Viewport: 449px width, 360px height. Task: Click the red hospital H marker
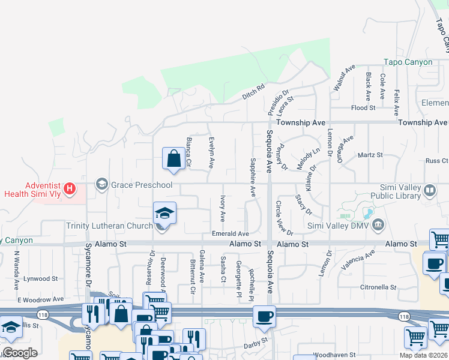[x=70, y=190]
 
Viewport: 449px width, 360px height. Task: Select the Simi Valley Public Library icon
[x=430, y=191]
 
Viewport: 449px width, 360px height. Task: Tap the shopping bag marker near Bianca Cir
[x=173, y=159]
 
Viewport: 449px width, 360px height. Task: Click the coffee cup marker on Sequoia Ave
[x=264, y=316]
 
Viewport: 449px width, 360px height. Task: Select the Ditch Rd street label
[x=253, y=91]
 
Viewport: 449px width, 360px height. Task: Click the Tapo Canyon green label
[x=408, y=62]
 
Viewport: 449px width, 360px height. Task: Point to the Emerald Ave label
[x=230, y=233]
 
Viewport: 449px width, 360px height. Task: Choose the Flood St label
[x=363, y=108]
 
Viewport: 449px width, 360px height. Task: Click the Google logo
[x=20, y=353]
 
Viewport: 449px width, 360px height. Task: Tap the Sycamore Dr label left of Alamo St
[x=89, y=273]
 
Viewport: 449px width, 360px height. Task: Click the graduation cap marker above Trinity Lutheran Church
[x=164, y=212]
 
